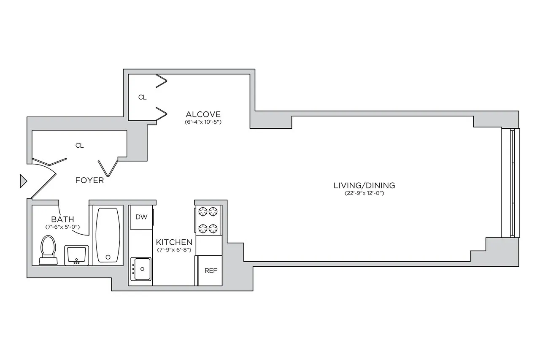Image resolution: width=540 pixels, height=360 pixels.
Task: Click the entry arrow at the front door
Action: click(x=23, y=181)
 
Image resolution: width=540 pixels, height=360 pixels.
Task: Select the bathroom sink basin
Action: click(x=76, y=255)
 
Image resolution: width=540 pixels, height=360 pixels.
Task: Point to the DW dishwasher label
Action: click(x=141, y=217)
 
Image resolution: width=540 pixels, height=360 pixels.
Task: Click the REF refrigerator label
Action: click(x=211, y=271)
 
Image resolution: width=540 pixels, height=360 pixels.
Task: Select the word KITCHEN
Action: click(x=174, y=242)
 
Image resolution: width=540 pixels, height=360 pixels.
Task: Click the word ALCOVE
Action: click(x=203, y=114)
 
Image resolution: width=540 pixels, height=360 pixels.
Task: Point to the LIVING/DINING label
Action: click(x=364, y=185)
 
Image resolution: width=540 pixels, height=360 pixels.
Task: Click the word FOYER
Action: click(x=89, y=181)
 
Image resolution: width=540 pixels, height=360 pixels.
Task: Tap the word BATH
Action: click(x=63, y=219)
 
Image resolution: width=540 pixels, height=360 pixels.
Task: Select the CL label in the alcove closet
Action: click(x=143, y=97)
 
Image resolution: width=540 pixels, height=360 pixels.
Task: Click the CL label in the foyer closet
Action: click(x=79, y=146)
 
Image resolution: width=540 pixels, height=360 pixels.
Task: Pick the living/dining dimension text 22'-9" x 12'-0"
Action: click(x=364, y=194)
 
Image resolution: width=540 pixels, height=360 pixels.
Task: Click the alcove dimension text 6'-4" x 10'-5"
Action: click(x=203, y=122)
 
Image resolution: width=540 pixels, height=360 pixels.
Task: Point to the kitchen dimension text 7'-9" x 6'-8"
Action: click(x=174, y=250)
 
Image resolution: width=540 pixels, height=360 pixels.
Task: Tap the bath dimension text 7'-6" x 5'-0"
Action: click(x=63, y=227)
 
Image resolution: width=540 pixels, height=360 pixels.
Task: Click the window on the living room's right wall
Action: click(x=512, y=183)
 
